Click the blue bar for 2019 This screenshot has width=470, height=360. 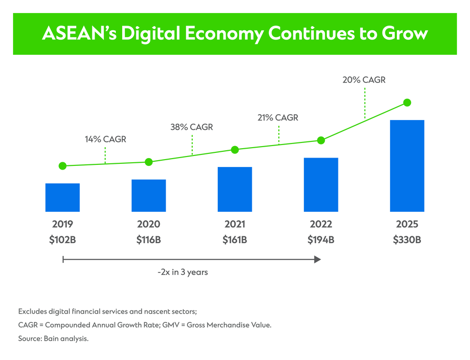pyautogui.click(x=63, y=197)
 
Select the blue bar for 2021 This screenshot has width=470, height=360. pyautogui.click(x=235, y=189)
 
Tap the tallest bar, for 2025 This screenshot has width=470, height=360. pyautogui.click(x=407, y=165)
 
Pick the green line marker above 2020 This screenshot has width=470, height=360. pyautogui.click(x=149, y=162)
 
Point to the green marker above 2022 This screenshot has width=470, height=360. pyautogui.click(x=321, y=140)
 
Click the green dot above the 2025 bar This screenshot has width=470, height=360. pyautogui.click(x=407, y=102)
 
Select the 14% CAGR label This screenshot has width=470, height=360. pyautogui.click(x=105, y=139)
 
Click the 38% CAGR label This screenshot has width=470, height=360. pyautogui.click(x=192, y=127)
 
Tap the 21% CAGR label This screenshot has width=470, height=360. pyautogui.click(x=278, y=118)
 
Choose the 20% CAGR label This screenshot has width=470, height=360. pyautogui.click(x=365, y=80)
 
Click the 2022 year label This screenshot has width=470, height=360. pyautogui.click(x=321, y=224)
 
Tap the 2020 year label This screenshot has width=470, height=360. pyautogui.click(x=149, y=224)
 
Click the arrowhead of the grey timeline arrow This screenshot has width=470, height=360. pyautogui.click(x=317, y=259)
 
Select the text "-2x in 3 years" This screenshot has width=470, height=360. pyautogui.click(x=183, y=272)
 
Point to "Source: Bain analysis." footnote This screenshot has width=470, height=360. pyautogui.click(x=54, y=339)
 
